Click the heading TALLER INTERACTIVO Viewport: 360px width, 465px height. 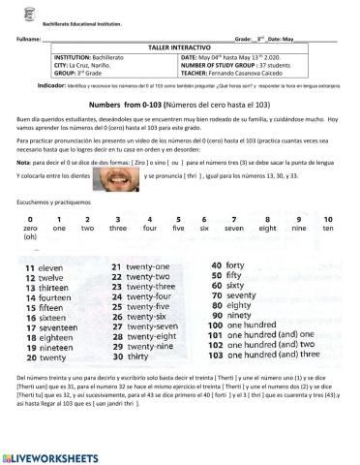pyautogui.click(x=180, y=46)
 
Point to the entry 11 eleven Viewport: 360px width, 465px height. pyautogui.click(x=45, y=265)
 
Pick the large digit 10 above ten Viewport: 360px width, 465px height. pyautogui.click(x=327, y=219)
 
